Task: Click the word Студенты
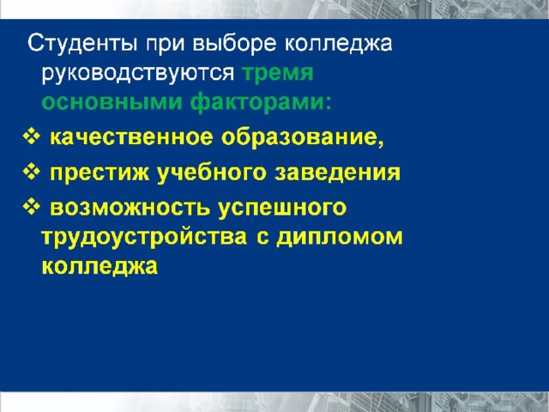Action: [x=82, y=44]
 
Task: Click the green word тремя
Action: [x=278, y=74]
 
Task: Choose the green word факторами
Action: [x=261, y=103]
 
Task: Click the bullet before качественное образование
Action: [x=32, y=136]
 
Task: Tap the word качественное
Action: [x=131, y=137]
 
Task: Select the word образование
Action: [x=303, y=137]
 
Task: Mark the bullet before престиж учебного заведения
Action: [x=32, y=172]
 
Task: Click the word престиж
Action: [x=100, y=173]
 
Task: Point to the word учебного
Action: [x=212, y=173]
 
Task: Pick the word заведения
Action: [x=337, y=173]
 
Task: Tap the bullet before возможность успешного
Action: [x=32, y=207]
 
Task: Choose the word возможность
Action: [x=130, y=208]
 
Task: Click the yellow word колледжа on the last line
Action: [x=100, y=267]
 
